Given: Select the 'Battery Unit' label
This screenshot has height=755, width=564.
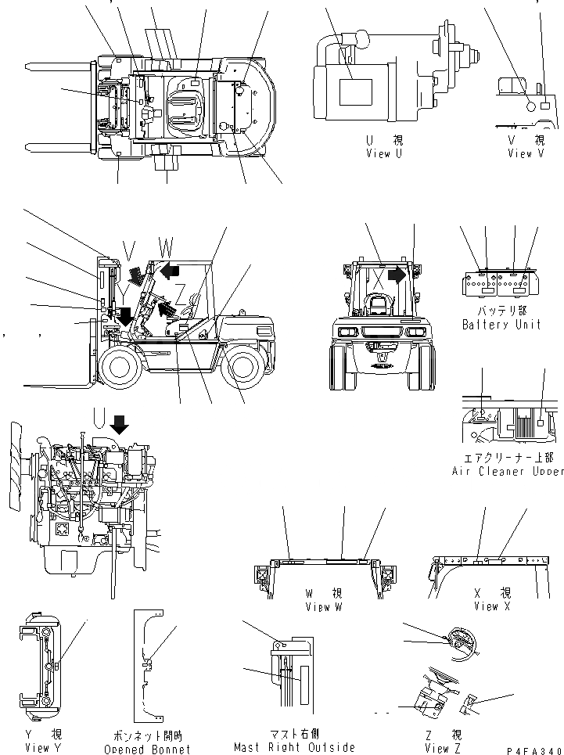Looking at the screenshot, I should [x=501, y=324].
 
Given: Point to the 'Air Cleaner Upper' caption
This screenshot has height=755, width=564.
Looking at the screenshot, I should [x=507, y=471].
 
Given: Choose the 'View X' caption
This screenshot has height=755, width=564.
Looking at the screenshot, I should [x=486, y=606].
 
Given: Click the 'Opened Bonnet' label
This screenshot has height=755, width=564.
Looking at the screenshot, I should [x=148, y=749].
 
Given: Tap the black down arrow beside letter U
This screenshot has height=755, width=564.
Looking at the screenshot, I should [x=120, y=425].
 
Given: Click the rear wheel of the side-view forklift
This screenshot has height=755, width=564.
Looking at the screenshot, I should [x=241, y=366].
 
